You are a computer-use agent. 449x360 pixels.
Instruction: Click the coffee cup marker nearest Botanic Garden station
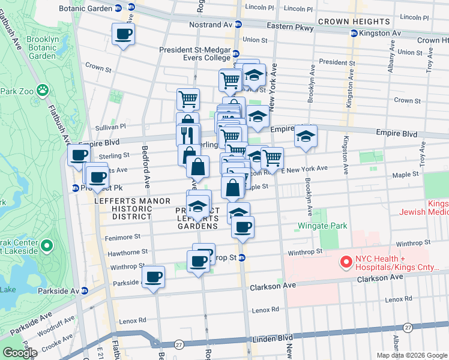pyautogui.click(x=123, y=34)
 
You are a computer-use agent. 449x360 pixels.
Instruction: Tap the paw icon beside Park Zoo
pyautogui.click(x=43, y=91)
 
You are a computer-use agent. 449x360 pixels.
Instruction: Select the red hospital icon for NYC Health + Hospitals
pyautogui.click(x=346, y=262)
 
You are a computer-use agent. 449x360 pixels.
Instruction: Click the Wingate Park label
pyautogui.click(x=323, y=226)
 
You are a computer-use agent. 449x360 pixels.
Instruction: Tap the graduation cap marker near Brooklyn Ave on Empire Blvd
pyautogui.click(x=306, y=136)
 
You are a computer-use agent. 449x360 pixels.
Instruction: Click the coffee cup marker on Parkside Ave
pyautogui.click(x=153, y=277)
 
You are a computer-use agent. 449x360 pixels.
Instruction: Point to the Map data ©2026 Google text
pyautogui.click(x=411, y=355)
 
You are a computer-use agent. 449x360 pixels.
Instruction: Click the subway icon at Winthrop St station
pyautogui.click(x=242, y=258)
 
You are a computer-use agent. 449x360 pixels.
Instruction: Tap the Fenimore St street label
pyautogui.click(x=124, y=236)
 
